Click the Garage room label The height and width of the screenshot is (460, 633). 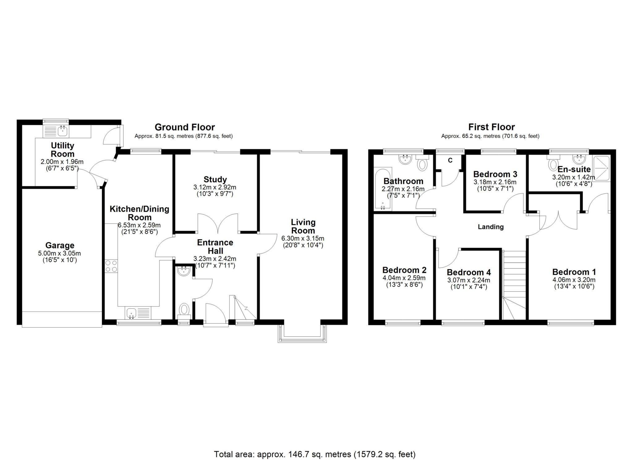point(60,245)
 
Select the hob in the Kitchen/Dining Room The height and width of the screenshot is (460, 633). point(111,266)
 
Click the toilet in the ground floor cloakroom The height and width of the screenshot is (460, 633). point(184,311)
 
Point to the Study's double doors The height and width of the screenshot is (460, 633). point(218,223)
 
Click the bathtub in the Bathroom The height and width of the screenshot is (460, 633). point(383,189)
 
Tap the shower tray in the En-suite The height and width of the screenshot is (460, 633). point(601,168)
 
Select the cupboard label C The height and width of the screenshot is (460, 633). point(450,160)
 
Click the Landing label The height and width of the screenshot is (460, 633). point(491,227)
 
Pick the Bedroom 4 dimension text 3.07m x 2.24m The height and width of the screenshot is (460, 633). point(469,280)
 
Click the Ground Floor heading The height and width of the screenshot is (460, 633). point(185,127)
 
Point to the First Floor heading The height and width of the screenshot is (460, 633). point(491,127)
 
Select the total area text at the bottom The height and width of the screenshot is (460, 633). point(315,454)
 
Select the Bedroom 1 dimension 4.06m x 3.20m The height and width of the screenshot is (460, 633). point(574,280)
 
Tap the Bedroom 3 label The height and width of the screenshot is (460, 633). point(495,174)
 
